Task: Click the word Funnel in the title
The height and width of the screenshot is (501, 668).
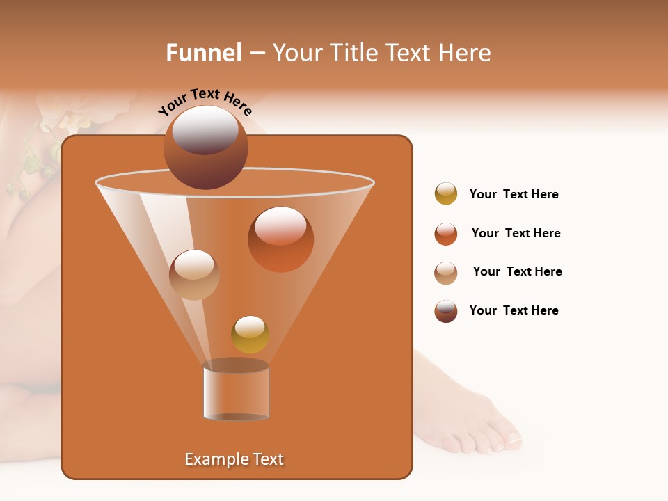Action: point(204,53)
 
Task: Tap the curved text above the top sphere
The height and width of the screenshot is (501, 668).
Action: point(205,102)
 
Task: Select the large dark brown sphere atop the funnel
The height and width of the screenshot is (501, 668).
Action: point(205,147)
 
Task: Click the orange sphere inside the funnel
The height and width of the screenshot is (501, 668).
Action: point(280,239)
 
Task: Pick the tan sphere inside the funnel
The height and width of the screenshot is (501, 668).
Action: point(194,274)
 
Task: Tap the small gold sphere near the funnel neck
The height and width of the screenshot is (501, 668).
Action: point(250,334)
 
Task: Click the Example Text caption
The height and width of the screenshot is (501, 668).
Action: point(234,459)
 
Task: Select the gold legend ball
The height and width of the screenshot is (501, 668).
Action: point(446,193)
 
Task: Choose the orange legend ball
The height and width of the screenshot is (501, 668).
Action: point(446,234)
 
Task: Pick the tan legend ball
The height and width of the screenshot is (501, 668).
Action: point(446,273)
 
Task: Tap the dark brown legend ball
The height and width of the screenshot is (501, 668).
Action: point(446,311)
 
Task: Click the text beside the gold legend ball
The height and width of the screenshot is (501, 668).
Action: point(514,194)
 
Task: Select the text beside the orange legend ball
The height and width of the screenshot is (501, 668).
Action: point(516,233)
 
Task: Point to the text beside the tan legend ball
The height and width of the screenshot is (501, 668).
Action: point(517,271)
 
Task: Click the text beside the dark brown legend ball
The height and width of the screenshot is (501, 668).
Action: point(514,310)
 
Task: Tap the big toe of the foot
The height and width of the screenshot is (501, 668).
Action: point(512,438)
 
